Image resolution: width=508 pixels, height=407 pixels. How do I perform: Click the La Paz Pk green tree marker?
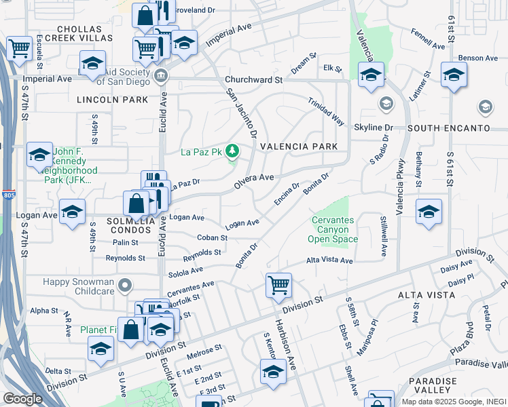(x=233, y=151)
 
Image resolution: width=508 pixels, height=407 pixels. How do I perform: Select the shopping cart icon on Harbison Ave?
(x=279, y=286)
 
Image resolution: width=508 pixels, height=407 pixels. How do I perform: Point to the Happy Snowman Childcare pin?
(x=124, y=286)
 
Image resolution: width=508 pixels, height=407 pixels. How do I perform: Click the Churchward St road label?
(x=253, y=80)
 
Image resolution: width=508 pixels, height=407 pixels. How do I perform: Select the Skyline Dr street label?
(x=374, y=128)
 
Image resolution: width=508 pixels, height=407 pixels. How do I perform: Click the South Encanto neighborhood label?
(x=449, y=128)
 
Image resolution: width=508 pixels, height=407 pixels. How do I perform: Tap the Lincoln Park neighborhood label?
(x=113, y=100)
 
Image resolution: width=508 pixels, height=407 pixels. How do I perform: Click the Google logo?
(x=22, y=399)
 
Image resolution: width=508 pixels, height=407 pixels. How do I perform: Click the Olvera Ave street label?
(x=254, y=178)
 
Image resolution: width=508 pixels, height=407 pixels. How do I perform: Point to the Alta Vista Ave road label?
(x=330, y=260)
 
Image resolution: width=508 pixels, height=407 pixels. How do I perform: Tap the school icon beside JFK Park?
(x=40, y=155)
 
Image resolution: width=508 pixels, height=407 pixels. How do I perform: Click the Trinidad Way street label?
(x=326, y=110)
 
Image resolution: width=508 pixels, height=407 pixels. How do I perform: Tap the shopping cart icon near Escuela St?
(x=20, y=49)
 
